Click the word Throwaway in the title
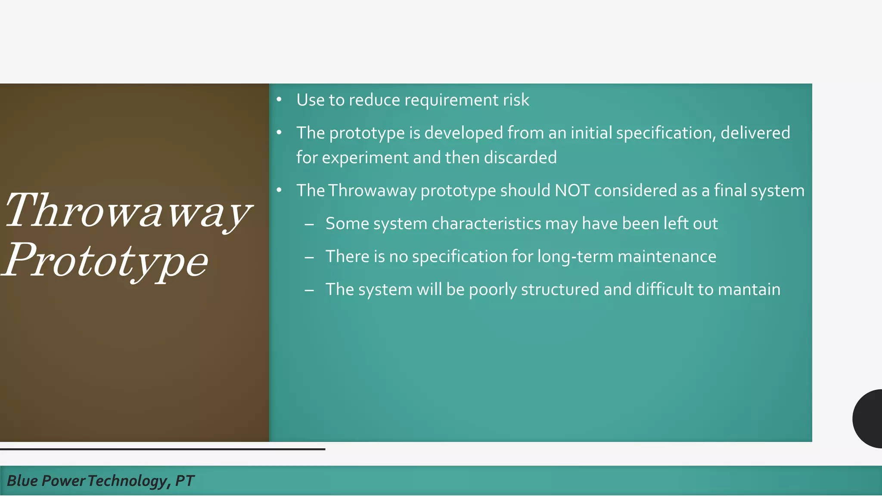[128, 211]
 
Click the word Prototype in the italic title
[106, 260]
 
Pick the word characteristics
[486, 224]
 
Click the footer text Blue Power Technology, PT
[100, 480]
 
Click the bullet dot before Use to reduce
[279, 100]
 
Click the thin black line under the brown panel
[162, 449]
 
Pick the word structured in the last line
[560, 289]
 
